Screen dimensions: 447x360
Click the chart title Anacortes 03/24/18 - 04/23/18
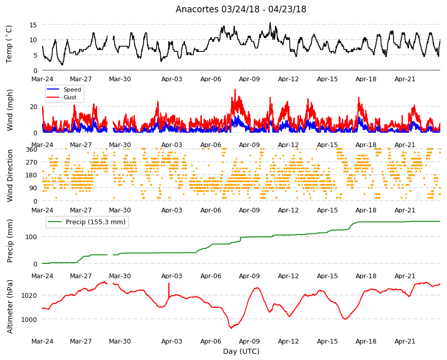pos(241,9)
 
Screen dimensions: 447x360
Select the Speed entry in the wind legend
pos(72,89)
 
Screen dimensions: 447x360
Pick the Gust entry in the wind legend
pos(70,97)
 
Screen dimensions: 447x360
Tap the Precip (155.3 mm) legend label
pos(96,222)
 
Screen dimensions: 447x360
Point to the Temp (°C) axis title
pos(9,44)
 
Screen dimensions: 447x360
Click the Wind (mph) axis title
pos(10,110)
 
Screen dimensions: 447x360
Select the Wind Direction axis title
pos(10,176)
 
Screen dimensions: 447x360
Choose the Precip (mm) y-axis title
pos(10,241)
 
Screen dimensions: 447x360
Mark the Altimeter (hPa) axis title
pos(10,307)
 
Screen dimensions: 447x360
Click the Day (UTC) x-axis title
pos(241,351)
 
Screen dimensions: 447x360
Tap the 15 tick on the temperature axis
pos(33,25)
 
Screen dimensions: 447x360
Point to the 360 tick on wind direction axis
pos(32,149)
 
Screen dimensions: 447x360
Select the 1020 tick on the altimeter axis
pos(29,295)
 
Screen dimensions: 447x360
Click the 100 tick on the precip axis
pos(32,237)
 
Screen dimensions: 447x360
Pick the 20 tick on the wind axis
pos(33,106)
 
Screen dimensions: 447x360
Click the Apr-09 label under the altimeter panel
pos(249,341)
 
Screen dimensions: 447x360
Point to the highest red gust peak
pos(235,90)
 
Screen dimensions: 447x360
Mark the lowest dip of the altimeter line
pos(231,328)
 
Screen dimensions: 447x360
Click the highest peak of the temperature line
pos(270,23)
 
